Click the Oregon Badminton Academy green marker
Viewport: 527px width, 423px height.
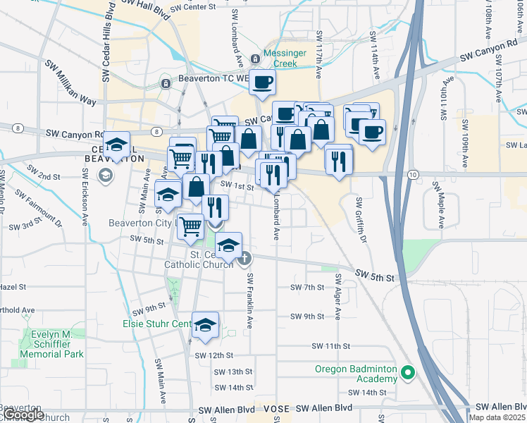(x=407, y=373)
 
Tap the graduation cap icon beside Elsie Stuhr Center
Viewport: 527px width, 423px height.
(x=205, y=324)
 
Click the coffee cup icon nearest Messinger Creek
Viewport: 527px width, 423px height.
(x=262, y=82)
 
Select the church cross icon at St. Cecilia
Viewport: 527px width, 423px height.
(x=244, y=259)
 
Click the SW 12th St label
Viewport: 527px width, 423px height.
(x=213, y=355)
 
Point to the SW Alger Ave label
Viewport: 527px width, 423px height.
(x=338, y=296)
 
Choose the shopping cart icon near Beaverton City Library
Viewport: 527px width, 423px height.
(x=190, y=227)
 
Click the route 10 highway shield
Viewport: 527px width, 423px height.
(x=413, y=174)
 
